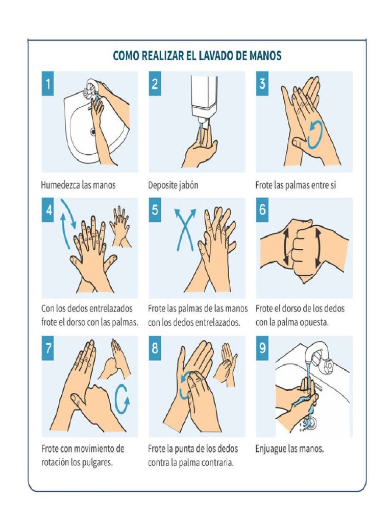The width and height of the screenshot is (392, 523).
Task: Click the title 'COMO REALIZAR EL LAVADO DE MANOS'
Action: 197,56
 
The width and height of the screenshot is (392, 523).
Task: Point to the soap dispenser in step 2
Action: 204,97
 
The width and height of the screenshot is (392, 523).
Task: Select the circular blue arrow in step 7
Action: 122,398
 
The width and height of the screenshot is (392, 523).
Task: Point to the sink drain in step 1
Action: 93,132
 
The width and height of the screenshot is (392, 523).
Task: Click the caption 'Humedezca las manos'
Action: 79,185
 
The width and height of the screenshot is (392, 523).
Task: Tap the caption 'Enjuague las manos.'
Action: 289,449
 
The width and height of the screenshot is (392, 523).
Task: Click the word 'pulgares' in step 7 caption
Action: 95,463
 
